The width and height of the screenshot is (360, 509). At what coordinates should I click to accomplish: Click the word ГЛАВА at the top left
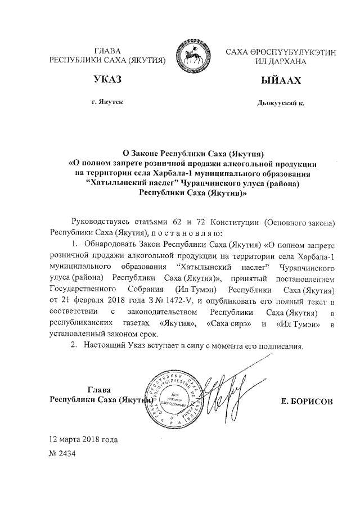108,51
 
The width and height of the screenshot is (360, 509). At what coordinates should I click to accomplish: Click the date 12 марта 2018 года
84,438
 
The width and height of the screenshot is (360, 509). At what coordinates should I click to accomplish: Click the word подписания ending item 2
282,346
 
